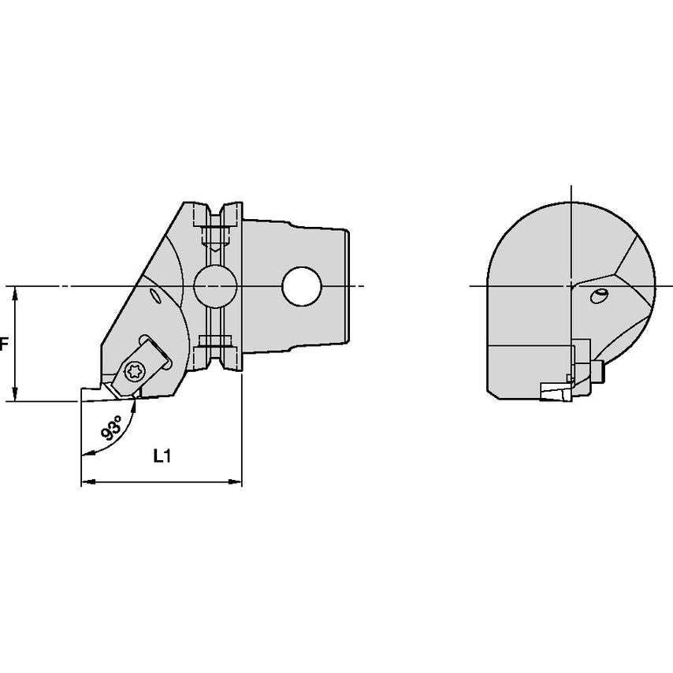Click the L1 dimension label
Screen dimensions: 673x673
[162, 455]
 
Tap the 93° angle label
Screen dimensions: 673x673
[112, 427]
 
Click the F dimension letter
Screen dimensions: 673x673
[4, 344]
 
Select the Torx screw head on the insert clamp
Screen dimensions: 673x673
[134, 370]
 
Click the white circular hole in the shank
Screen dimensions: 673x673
[302, 286]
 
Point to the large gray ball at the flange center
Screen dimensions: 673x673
[215, 286]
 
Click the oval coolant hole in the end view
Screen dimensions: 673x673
[599, 296]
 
